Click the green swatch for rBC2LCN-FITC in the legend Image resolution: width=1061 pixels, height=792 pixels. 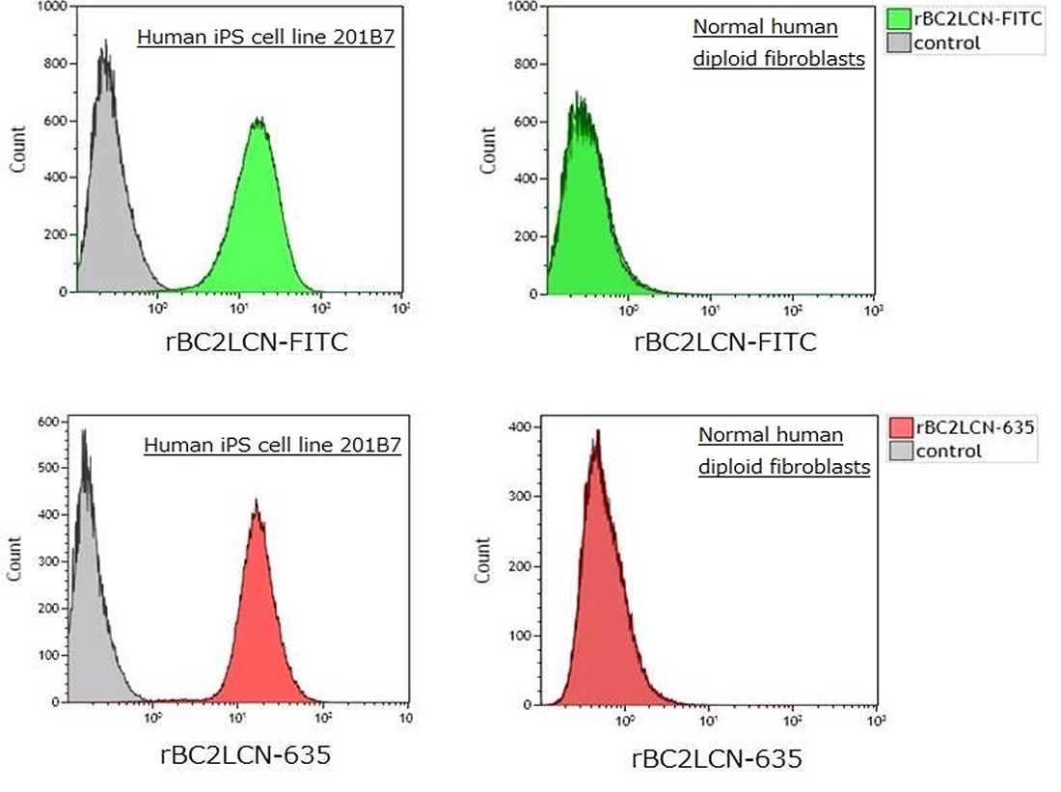pos(900,18)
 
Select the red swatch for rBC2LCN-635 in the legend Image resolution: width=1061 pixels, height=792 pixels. pos(900,427)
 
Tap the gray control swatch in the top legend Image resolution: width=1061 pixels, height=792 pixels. pos(900,42)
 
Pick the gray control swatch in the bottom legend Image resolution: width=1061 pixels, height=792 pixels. pos(900,451)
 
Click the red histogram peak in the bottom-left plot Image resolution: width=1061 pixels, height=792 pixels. pos(256,503)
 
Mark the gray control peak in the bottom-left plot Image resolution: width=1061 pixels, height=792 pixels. pos(85,434)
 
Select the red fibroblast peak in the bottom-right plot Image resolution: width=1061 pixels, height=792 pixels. pos(597,434)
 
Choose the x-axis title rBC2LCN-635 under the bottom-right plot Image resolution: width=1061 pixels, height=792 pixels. pos(717,758)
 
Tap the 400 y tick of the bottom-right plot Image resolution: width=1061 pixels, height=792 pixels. pos(518,426)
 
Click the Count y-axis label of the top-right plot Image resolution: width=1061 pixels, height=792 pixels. pos(489,150)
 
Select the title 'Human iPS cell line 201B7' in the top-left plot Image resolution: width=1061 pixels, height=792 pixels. pos(266,39)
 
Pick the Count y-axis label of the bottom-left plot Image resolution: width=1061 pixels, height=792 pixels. pos(15,560)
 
